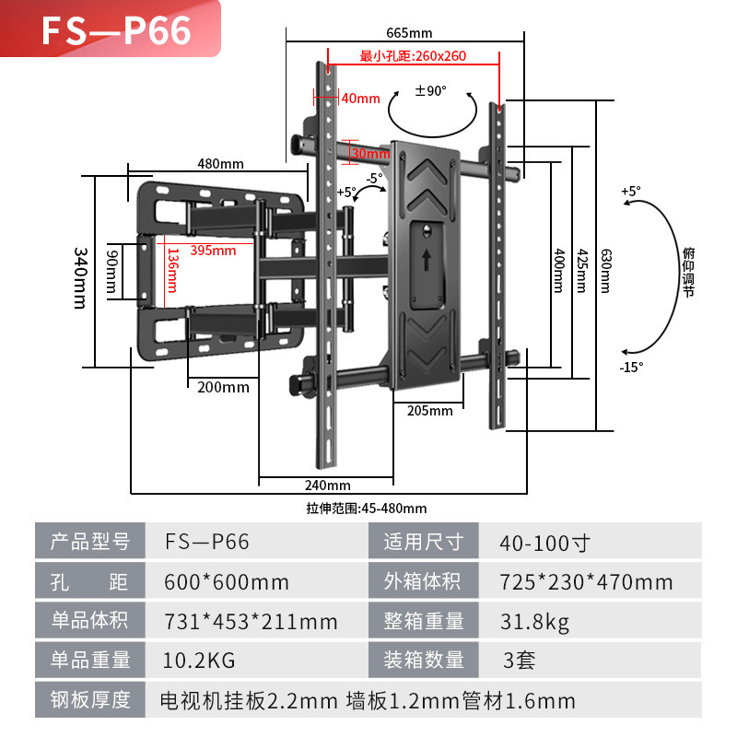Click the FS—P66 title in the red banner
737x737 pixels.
[117, 30]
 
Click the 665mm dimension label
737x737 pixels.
[409, 33]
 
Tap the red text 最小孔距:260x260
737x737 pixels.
[413, 56]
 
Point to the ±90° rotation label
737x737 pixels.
[430, 90]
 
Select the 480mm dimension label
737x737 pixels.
[220, 164]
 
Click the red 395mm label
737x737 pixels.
[213, 251]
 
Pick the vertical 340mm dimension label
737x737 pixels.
[80, 278]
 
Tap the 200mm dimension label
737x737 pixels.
[223, 387]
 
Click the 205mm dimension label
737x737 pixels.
[429, 411]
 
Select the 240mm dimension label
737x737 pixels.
[328, 485]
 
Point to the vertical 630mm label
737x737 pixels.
[606, 271]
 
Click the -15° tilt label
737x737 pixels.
[631, 367]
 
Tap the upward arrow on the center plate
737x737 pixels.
[427, 260]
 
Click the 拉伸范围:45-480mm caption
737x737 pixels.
[367, 509]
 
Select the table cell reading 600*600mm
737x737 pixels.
[227, 582]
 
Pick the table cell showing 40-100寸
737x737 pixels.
[544, 543]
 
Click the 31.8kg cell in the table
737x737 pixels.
[534, 622]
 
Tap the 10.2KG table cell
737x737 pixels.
[199, 661]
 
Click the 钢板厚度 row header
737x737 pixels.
[90, 699]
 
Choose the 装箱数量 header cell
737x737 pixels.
[424, 660]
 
